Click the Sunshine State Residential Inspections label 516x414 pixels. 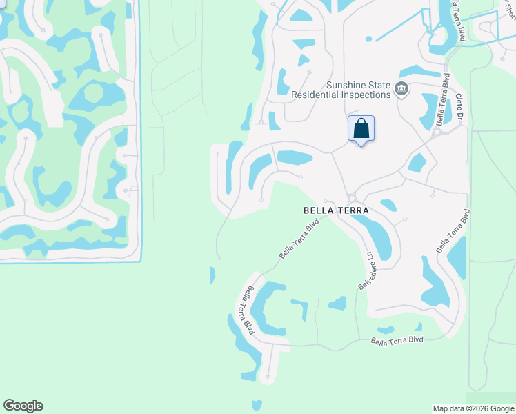[341, 90]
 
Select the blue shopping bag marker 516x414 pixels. [361, 128]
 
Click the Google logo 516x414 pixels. [23, 406]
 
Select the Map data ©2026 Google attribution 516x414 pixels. [473, 408]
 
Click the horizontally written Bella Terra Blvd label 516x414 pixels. [397, 340]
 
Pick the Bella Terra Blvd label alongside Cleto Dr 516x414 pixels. [442, 101]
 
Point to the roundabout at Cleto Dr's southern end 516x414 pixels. [436, 132]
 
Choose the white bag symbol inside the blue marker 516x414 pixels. [361, 128]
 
